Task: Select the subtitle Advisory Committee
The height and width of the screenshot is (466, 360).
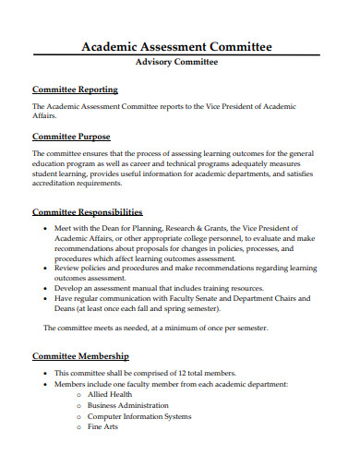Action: tap(177, 63)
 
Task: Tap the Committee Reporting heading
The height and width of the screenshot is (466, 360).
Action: tap(76, 90)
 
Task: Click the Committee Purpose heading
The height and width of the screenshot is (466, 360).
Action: tap(72, 136)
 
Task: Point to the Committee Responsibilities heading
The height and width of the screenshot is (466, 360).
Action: tap(88, 211)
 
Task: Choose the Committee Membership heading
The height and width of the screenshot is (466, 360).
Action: tap(81, 355)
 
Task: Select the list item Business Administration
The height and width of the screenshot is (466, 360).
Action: tap(128, 405)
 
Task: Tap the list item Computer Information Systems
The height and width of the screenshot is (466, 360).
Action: tap(138, 416)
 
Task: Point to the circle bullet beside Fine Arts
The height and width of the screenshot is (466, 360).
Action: tap(79, 427)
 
